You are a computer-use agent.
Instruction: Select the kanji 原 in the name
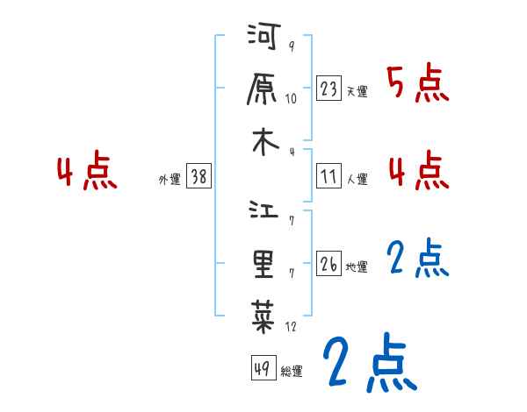(x=264, y=90)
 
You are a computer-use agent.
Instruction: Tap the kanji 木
(x=264, y=143)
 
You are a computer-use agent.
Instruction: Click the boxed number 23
(x=329, y=89)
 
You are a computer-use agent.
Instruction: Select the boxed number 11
(x=329, y=177)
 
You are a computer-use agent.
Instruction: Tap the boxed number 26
(x=329, y=265)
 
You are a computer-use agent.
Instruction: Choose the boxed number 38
(x=199, y=177)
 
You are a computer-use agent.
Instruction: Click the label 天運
(x=357, y=91)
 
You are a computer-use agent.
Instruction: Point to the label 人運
(x=357, y=179)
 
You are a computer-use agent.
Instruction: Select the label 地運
(x=357, y=266)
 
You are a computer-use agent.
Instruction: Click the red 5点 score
(x=417, y=85)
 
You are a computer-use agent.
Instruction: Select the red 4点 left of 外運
(x=87, y=173)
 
